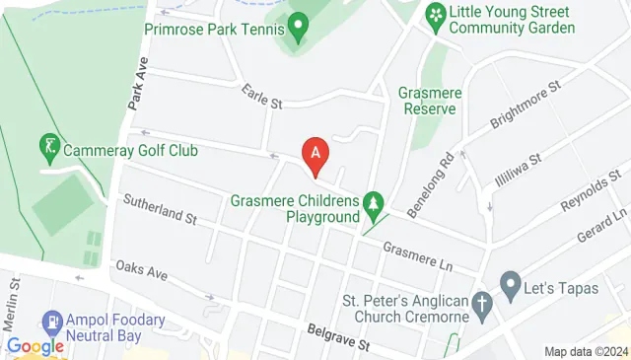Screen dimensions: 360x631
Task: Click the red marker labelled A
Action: click(x=315, y=155)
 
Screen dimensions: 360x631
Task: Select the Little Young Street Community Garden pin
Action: click(x=433, y=16)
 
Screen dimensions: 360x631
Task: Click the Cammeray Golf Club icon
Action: click(x=46, y=150)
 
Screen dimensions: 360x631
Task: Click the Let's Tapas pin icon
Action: click(x=510, y=287)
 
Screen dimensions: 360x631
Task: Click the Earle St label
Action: click(x=263, y=97)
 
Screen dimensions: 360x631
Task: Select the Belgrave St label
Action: click(x=337, y=338)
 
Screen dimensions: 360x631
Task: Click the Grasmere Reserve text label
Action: click(x=427, y=101)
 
